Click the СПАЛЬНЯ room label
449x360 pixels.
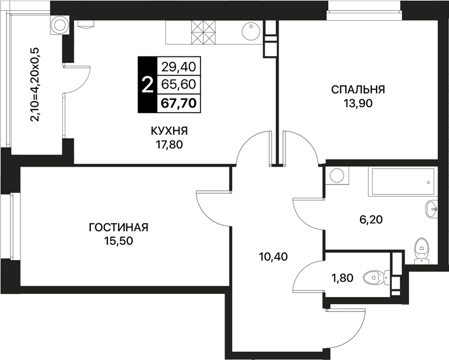[x=358, y=90]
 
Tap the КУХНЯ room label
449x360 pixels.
[x=169, y=131]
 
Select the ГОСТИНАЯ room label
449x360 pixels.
[x=118, y=228]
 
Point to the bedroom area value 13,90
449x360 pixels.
[x=358, y=103]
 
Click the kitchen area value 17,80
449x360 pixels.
[x=169, y=145]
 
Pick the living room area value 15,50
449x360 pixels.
[x=118, y=241]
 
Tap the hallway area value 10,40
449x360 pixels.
[x=273, y=256]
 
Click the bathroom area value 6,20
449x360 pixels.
[x=371, y=219]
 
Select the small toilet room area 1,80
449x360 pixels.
[x=343, y=278]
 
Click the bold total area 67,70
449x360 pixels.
[x=179, y=103]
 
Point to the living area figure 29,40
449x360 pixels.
[x=179, y=67]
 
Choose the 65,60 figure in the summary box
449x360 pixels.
[x=179, y=85]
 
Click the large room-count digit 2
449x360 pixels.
[x=148, y=85]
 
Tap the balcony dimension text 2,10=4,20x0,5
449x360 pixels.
[x=34, y=85]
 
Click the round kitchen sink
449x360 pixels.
[x=251, y=32]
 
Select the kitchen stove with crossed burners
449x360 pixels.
[x=203, y=32]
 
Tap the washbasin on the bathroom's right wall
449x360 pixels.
[x=432, y=209]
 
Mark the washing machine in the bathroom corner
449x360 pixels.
[x=337, y=176]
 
